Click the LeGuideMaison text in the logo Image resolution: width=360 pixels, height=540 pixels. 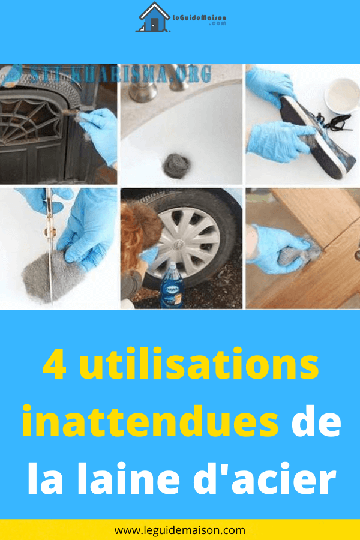click(x=199, y=17)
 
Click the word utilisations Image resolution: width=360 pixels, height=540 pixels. click(x=201, y=364)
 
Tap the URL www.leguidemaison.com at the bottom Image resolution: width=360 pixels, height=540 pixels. click(x=180, y=530)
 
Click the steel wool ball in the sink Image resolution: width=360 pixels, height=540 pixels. click(x=176, y=166)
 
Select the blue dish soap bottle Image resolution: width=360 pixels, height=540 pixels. click(x=172, y=285)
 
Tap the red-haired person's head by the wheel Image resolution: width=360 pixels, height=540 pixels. click(x=140, y=227)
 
